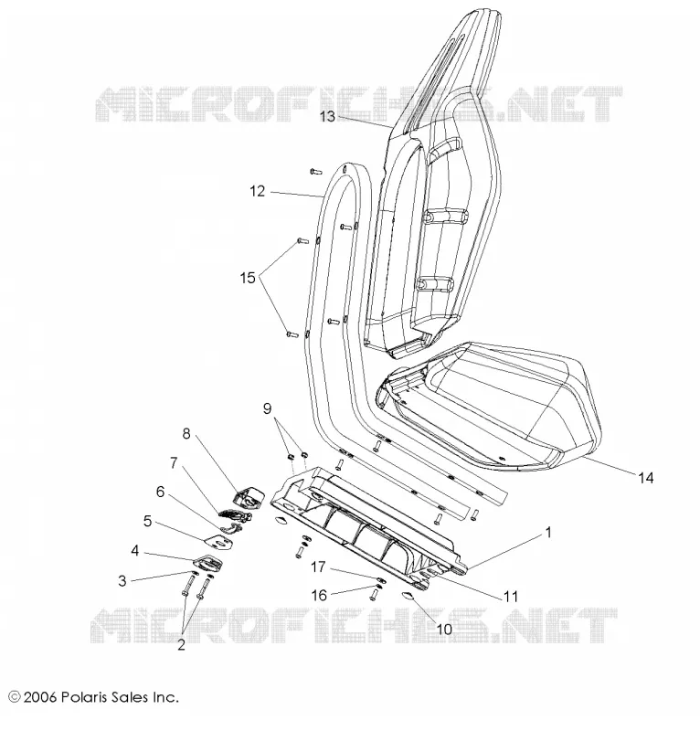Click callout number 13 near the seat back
pyautogui.click(x=327, y=116)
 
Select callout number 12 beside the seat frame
pyautogui.click(x=257, y=191)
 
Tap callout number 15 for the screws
pyautogui.click(x=248, y=278)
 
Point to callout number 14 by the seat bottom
pyautogui.click(x=646, y=477)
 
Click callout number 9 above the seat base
pyautogui.click(x=267, y=408)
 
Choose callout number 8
pyautogui.click(x=186, y=433)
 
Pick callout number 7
pyautogui.click(x=174, y=463)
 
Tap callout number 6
pyautogui.click(x=161, y=492)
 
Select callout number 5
pyautogui.click(x=148, y=521)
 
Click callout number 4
pyautogui.click(x=134, y=551)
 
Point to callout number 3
pyautogui.click(x=122, y=580)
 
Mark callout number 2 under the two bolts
pyautogui.click(x=181, y=645)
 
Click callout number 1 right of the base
pyautogui.click(x=548, y=532)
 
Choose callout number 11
pyautogui.click(x=511, y=596)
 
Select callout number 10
pyautogui.click(x=444, y=629)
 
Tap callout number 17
pyautogui.click(x=318, y=567)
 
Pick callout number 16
pyautogui.click(x=319, y=596)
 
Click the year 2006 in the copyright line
pyautogui.click(x=40, y=697)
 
